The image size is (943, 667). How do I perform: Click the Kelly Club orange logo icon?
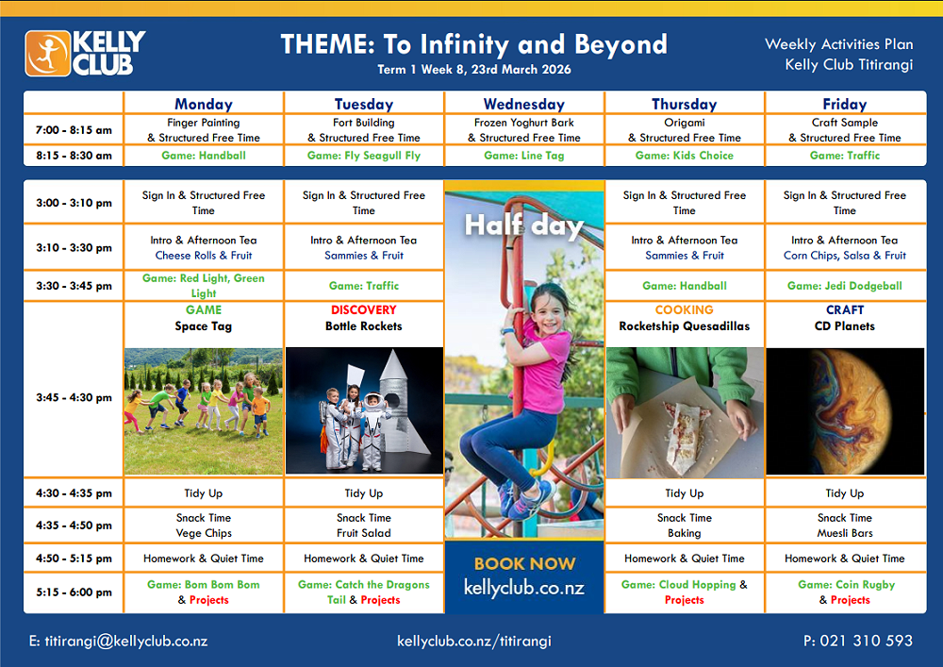47,54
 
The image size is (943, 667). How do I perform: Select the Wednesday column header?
523,104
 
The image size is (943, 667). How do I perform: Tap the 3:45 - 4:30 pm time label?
74,397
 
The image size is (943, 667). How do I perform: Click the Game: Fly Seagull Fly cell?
364,155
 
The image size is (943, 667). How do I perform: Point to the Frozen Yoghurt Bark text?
523,122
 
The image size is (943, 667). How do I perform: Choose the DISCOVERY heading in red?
364,309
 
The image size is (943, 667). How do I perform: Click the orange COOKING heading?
685,309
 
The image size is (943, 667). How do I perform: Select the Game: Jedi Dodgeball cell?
844,286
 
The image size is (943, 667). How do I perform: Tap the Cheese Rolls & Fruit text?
204,255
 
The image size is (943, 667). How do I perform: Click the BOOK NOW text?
524,563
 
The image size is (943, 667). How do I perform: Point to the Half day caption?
523,226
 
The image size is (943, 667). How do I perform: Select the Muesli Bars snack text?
844,533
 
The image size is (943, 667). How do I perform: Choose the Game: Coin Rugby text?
846,585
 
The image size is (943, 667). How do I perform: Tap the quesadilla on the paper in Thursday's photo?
684,433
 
